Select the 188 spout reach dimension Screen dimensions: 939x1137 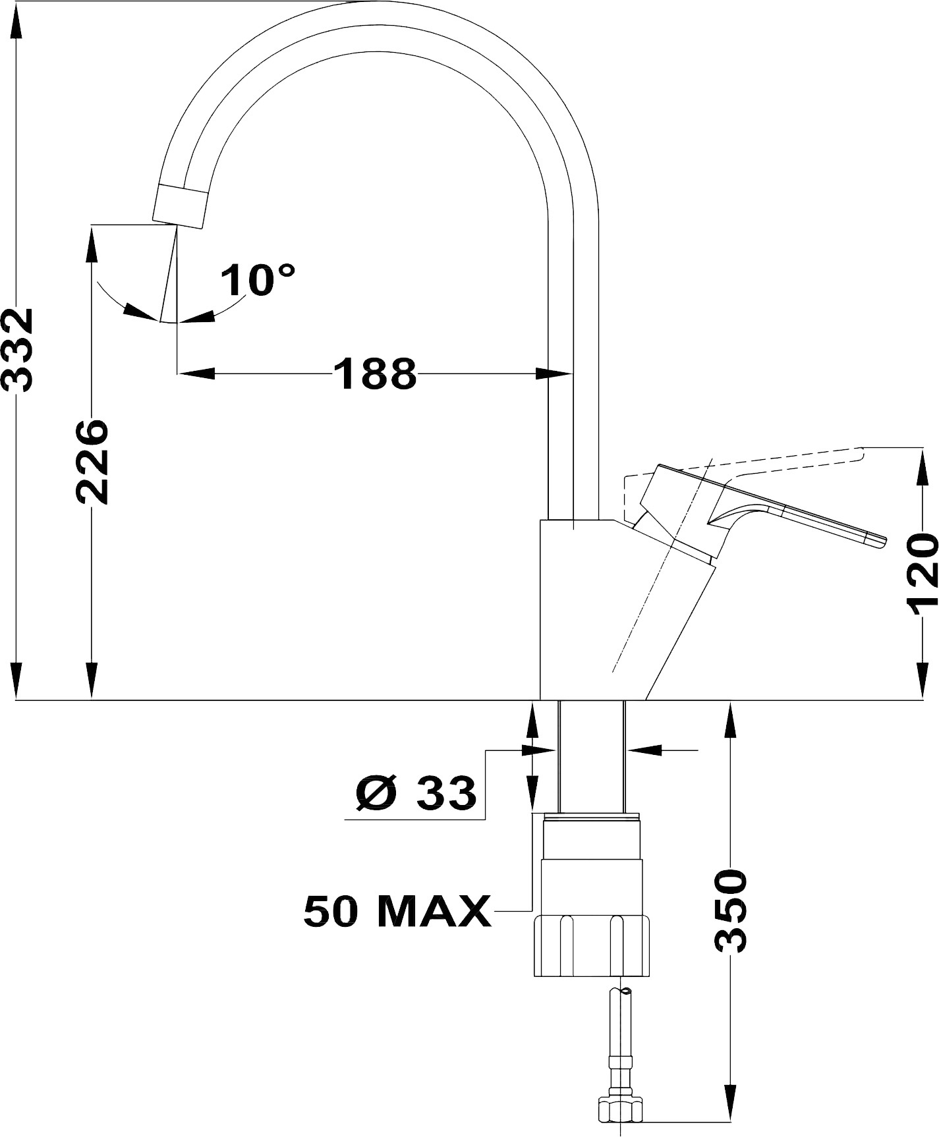[x=375, y=374]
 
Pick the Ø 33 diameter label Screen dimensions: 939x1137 [x=416, y=792]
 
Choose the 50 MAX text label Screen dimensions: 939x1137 [x=397, y=911]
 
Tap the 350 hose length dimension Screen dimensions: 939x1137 [x=731, y=911]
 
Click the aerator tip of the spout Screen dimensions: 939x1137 [x=179, y=206]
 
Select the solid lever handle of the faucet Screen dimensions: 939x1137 [x=758, y=520]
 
